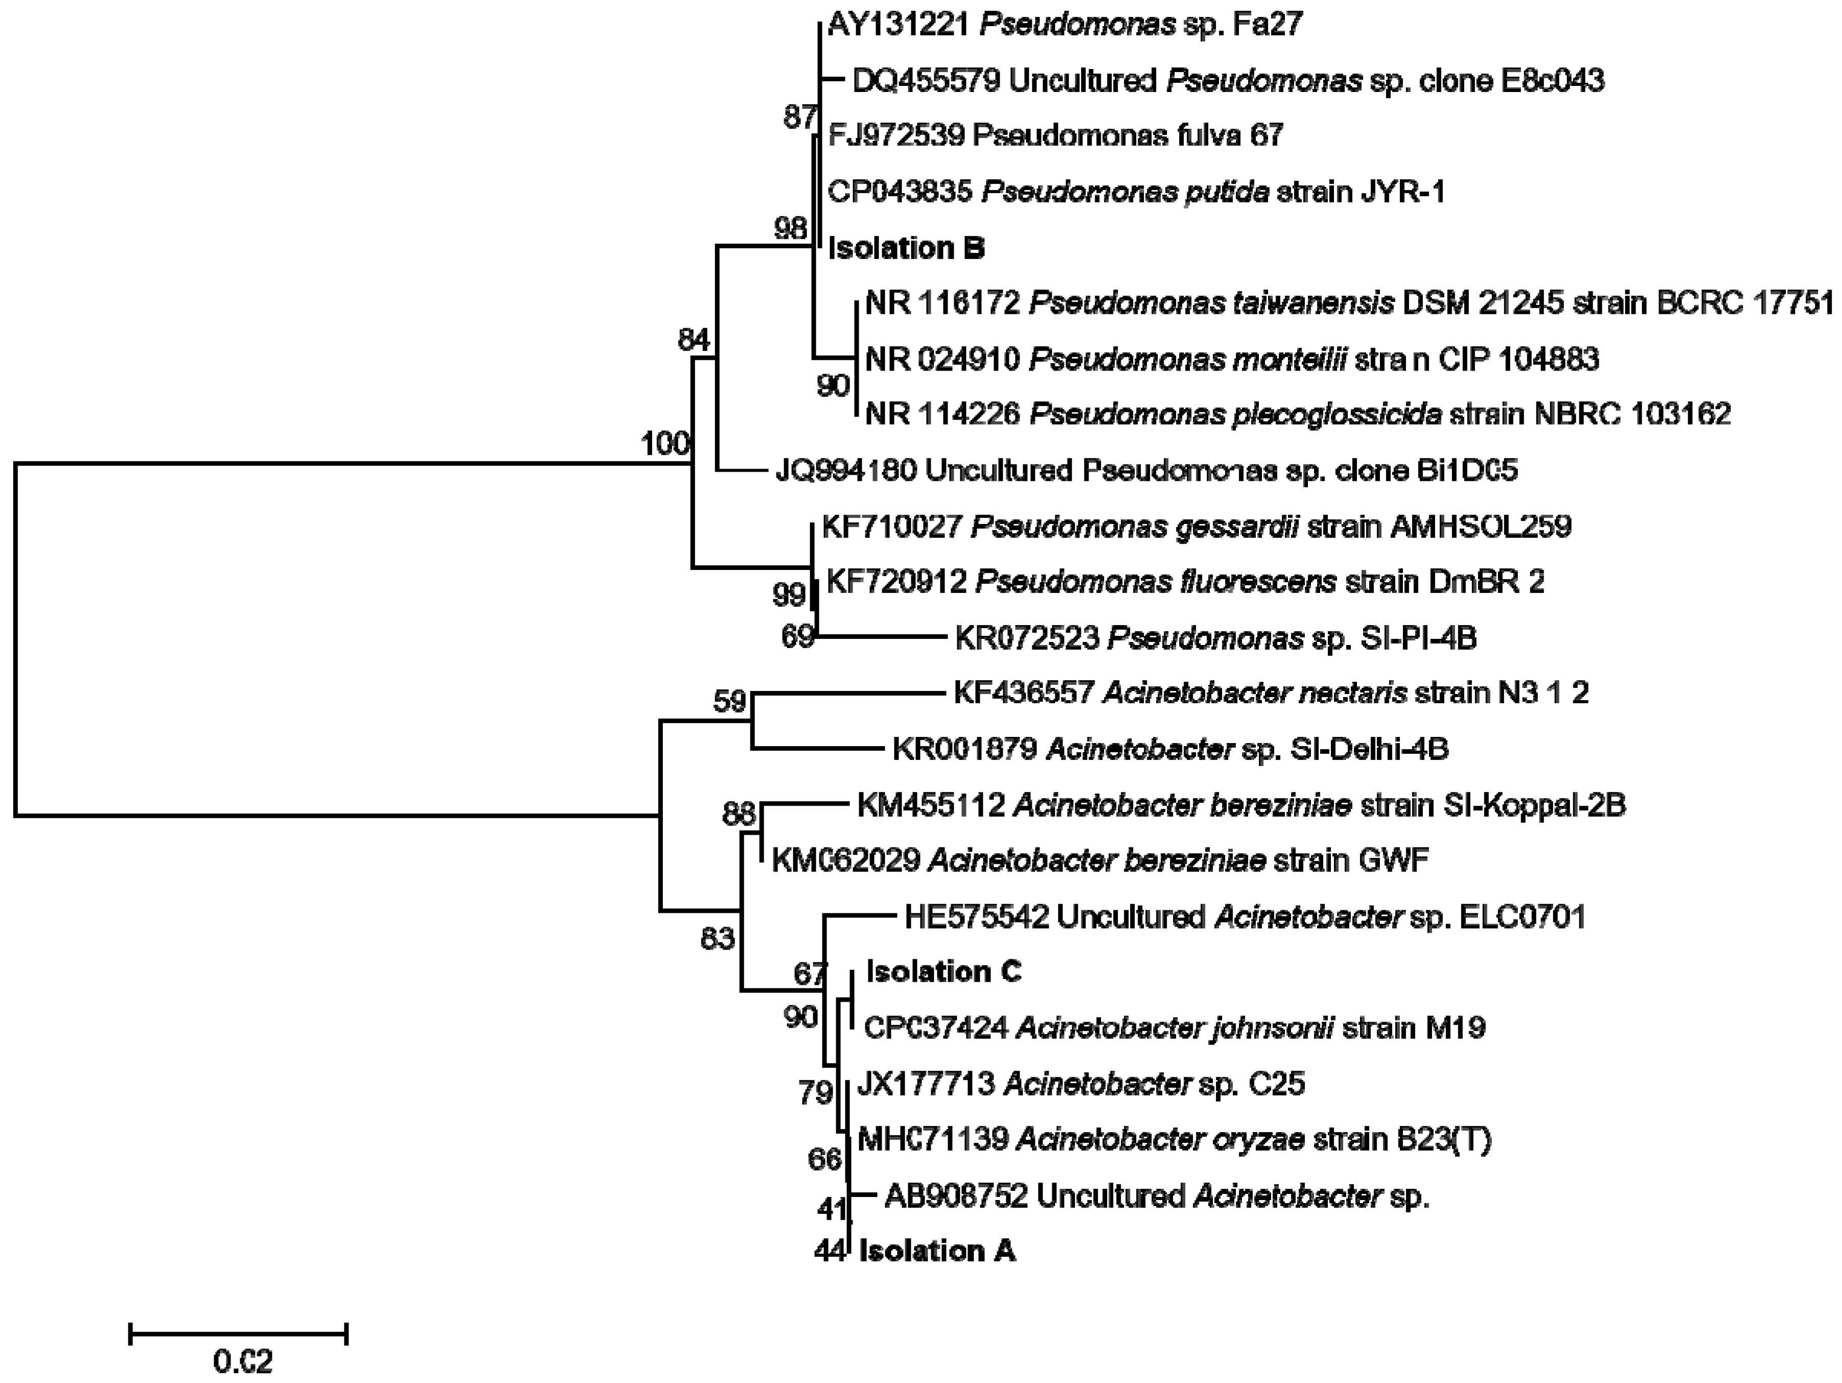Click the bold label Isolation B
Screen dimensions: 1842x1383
coord(906,248)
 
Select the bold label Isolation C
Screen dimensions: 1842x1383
coord(943,972)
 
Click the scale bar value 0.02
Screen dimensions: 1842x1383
coord(242,1362)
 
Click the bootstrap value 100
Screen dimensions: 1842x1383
coord(664,444)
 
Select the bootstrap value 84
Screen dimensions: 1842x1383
coord(694,340)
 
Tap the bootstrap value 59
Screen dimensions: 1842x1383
coord(729,702)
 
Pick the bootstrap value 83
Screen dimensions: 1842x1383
coord(717,938)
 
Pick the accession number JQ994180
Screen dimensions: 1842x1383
coord(845,471)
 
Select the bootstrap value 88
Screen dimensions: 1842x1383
coord(738,814)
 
